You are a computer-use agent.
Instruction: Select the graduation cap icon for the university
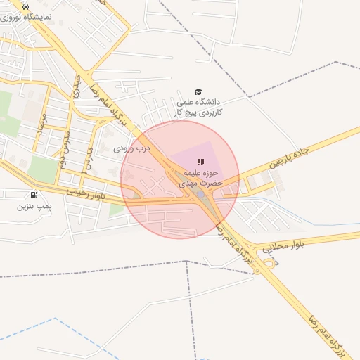click(198, 92)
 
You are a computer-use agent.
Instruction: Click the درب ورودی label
click(132, 149)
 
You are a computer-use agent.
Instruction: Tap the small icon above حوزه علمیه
click(200, 162)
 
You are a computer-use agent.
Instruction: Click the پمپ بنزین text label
click(34, 206)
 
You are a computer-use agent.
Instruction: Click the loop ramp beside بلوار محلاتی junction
click(269, 263)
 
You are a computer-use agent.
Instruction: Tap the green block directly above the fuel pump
click(44, 169)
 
